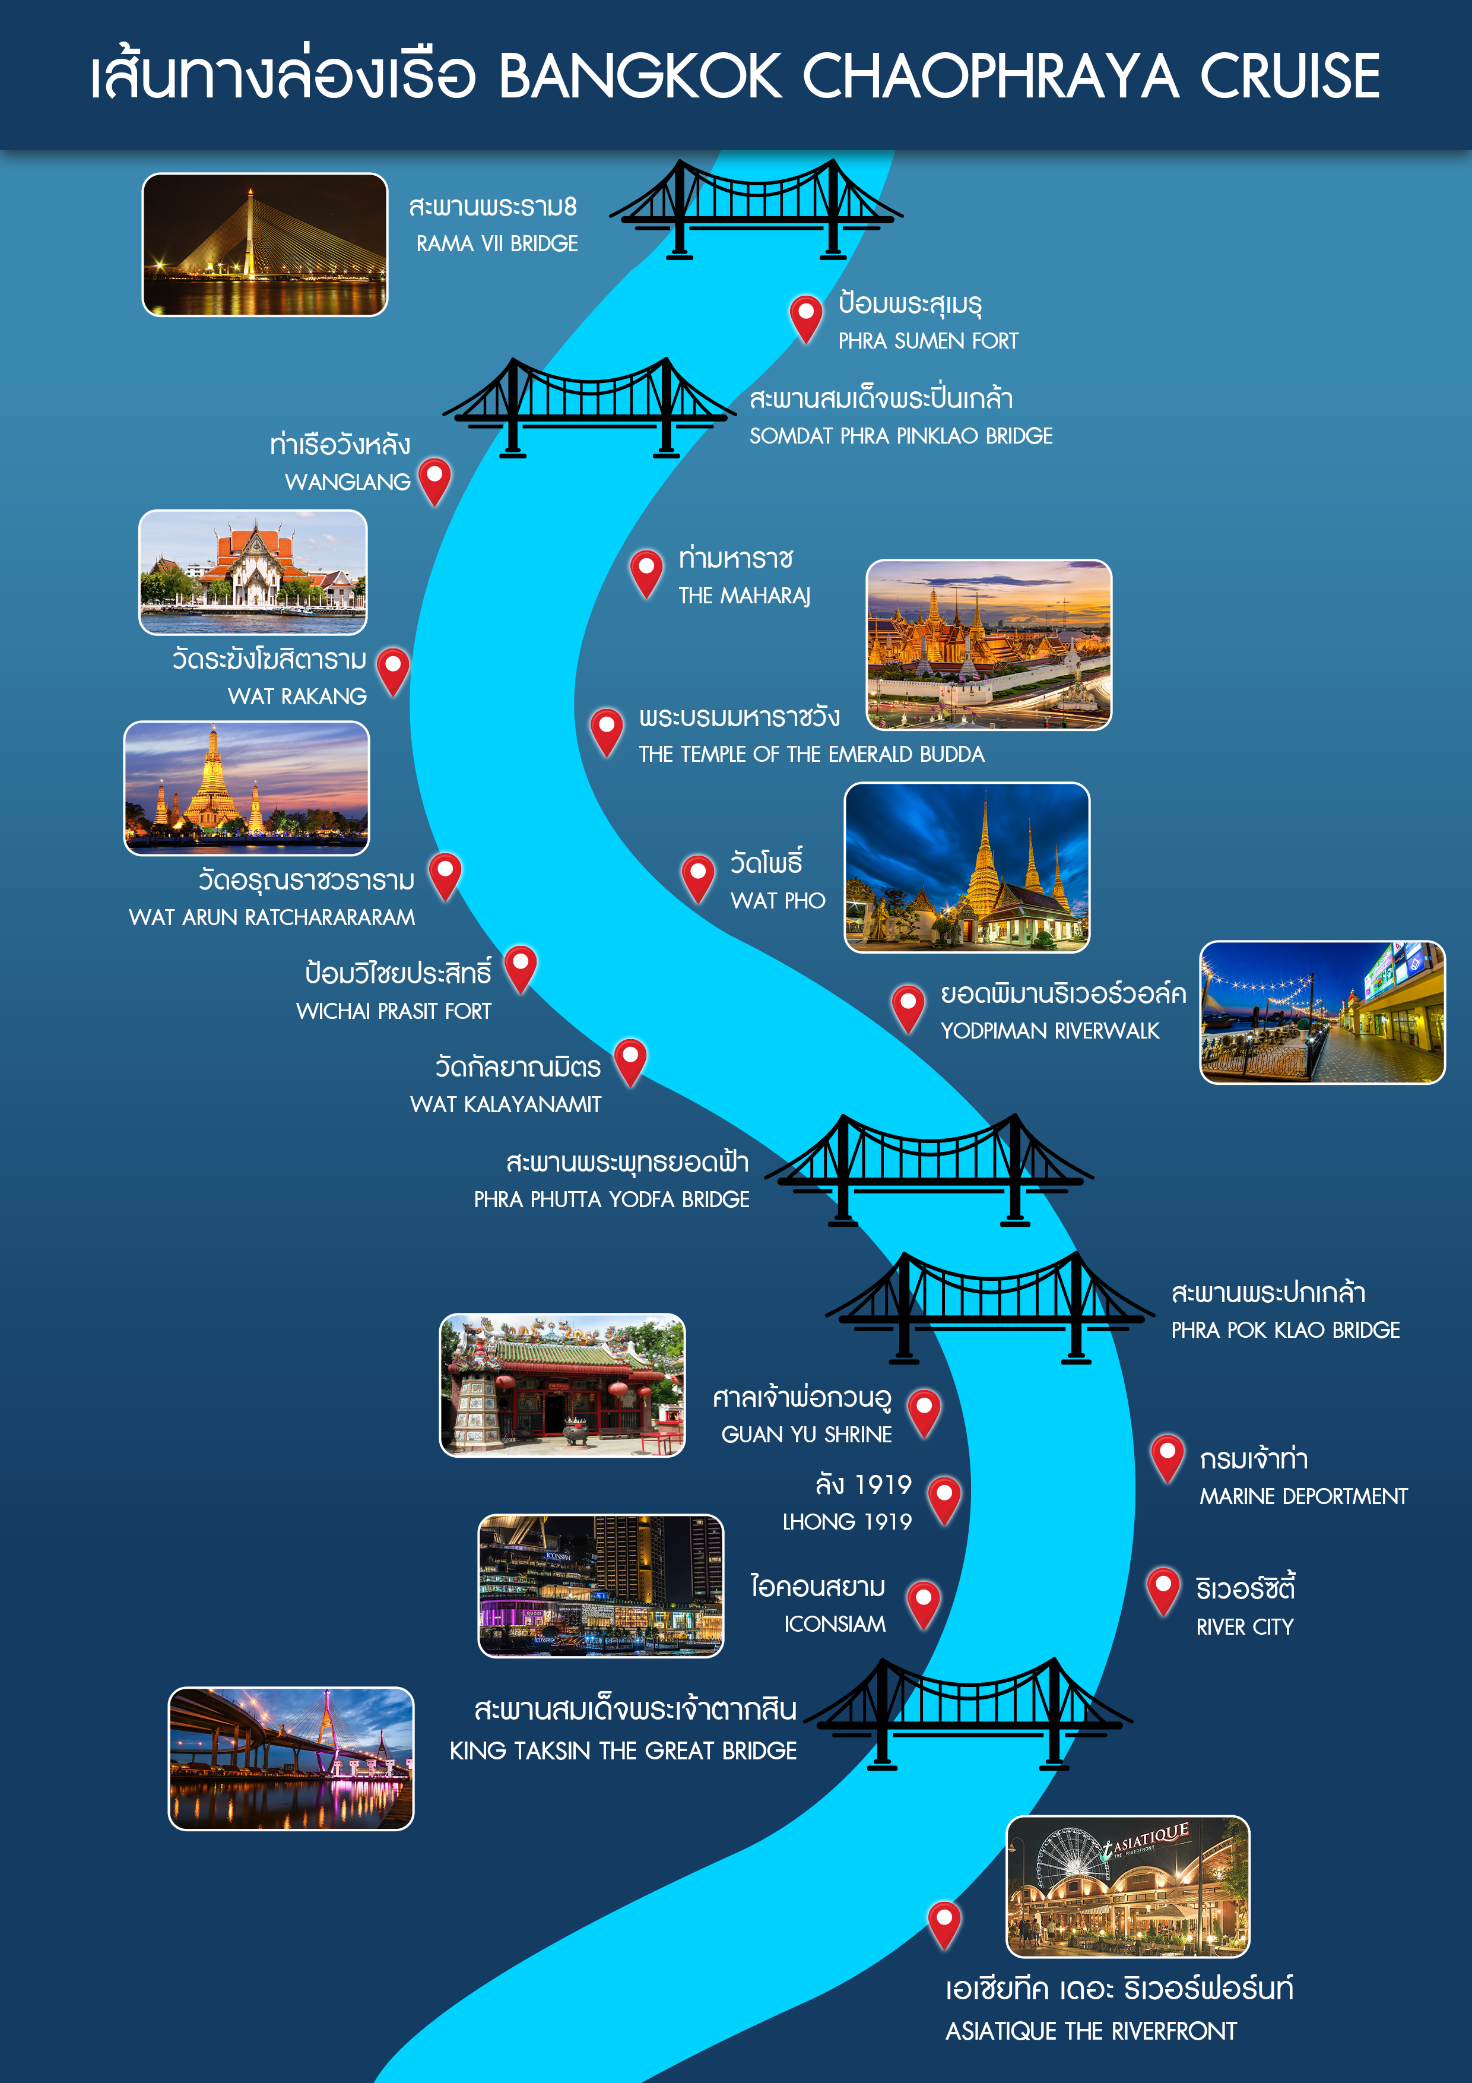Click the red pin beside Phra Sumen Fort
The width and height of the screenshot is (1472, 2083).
(x=805, y=318)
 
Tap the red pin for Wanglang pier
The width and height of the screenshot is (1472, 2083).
(x=434, y=481)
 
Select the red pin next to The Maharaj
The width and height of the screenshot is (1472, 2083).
(x=646, y=572)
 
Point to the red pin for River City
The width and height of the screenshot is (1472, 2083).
(x=1163, y=1590)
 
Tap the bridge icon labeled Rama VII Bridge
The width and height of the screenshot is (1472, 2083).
(x=756, y=210)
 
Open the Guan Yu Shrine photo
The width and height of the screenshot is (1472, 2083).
(x=562, y=1385)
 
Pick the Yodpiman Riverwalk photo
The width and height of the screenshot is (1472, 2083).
(x=1322, y=1012)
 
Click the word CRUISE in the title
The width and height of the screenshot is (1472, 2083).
(x=1290, y=75)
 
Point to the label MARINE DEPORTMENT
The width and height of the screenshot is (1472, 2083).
(x=1303, y=1496)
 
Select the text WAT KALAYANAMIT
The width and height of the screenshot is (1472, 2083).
(x=505, y=1104)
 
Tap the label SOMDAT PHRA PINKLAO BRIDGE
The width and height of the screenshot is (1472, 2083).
(x=900, y=435)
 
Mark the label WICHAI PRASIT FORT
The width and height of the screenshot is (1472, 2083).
(x=394, y=1011)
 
